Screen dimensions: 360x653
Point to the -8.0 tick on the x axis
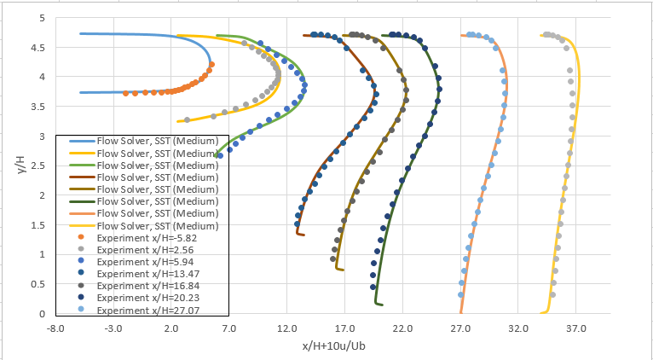[x=56, y=328]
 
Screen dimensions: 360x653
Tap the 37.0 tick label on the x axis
[x=576, y=328]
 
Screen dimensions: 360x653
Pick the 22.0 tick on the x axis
[x=402, y=328]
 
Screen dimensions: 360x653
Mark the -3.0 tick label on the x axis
[x=113, y=328]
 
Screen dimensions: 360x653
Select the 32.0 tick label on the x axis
[x=518, y=328]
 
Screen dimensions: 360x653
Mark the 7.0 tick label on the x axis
[x=229, y=328]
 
